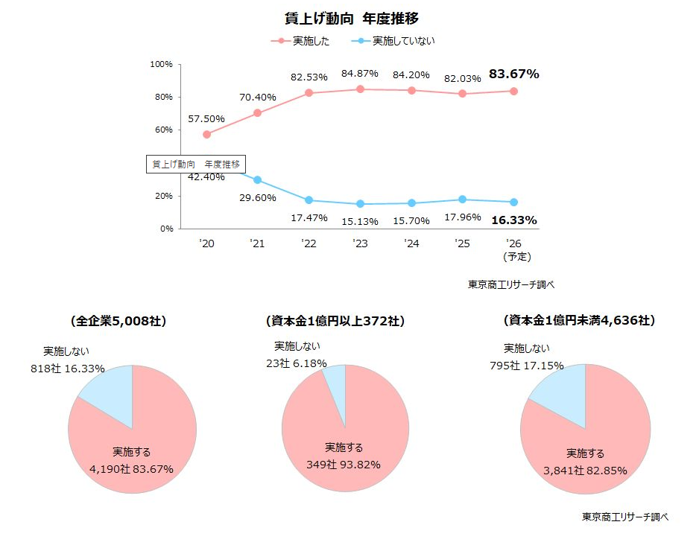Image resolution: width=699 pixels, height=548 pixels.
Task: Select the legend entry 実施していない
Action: [395, 40]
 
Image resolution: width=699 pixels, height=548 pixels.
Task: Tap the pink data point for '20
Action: [206, 134]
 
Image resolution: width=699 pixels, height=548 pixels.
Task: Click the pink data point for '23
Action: [360, 89]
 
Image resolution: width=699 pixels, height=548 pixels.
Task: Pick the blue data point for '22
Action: [309, 200]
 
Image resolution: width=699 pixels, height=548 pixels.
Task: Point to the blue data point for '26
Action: [513, 202]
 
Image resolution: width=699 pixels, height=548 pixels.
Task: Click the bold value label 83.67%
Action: [513, 74]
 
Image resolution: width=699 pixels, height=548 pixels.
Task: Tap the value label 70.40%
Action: [257, 97]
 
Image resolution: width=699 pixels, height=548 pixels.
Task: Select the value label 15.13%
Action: [360, 221]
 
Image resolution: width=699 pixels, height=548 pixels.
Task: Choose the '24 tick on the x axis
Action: [411, 243]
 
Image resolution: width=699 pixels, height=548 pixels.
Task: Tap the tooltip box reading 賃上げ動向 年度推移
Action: [196, 164]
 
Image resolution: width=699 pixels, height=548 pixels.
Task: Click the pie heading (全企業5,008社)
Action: [118, 322]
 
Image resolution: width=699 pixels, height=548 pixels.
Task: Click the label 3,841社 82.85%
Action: [586, 471]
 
